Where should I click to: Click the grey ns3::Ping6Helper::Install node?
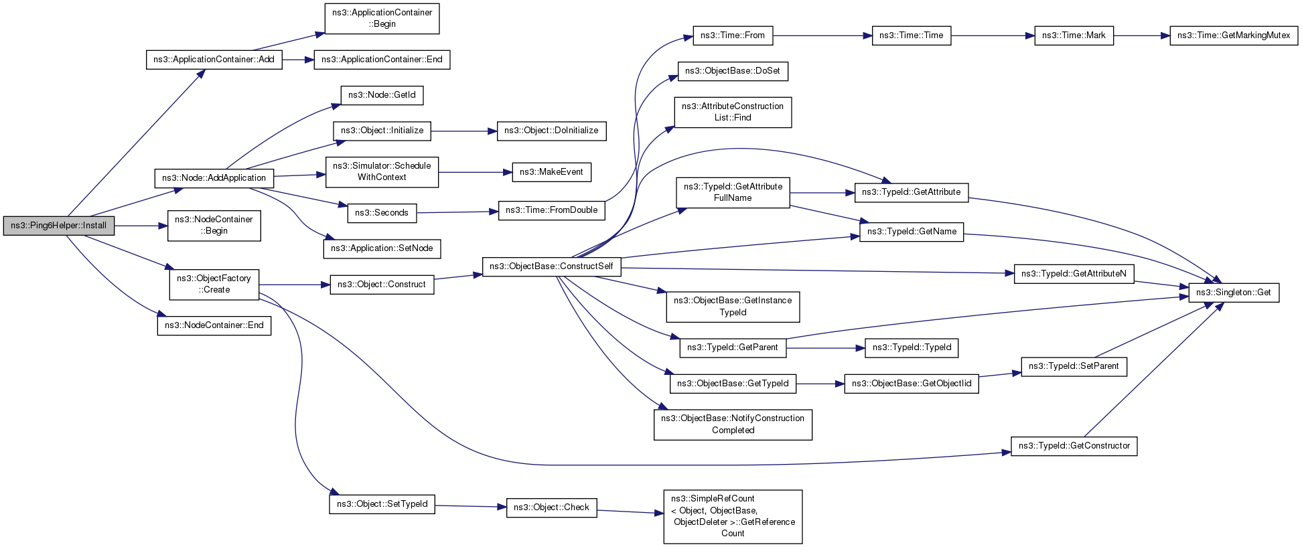59,226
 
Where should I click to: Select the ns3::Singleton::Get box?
1234,293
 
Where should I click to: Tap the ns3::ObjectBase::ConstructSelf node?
551,266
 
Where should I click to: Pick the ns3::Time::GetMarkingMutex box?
1234,35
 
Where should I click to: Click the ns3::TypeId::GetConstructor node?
1074,446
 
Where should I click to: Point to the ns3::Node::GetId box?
382,95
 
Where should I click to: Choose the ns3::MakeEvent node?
551,172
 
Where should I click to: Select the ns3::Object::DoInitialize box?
551,131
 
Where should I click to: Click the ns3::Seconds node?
382,213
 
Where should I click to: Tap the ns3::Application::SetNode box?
382,248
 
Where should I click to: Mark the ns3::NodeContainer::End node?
214,325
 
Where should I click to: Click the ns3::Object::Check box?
551,507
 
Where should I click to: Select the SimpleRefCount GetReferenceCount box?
733,516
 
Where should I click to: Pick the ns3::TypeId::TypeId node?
912,347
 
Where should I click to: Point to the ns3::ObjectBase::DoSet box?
733,71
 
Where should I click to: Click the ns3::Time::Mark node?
1074,35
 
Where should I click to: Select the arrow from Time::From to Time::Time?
822,35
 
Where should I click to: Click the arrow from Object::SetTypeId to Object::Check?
471,506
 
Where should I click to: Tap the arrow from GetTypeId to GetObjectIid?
820,384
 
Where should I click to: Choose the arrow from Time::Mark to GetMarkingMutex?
1142,35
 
